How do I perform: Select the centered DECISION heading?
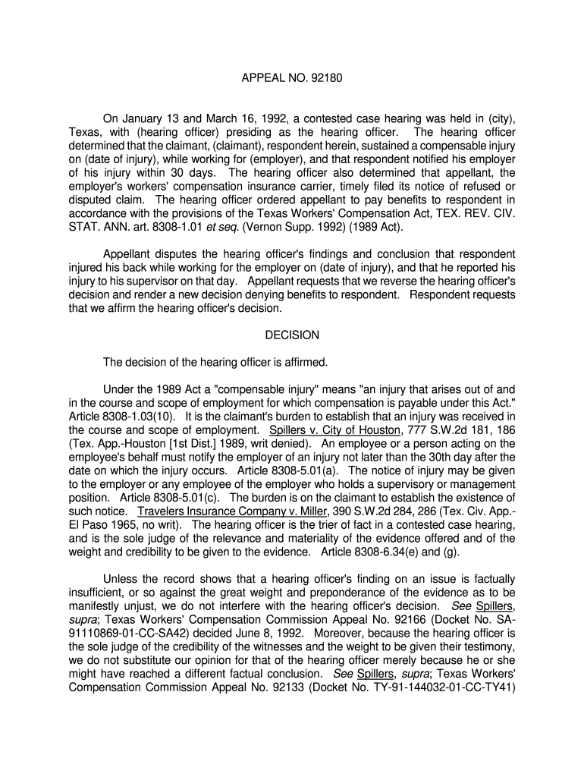tap(292, 335)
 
